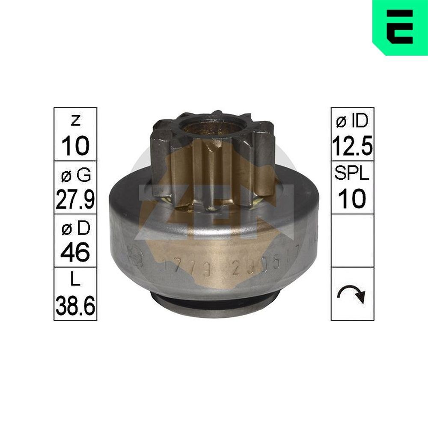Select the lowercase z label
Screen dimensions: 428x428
point(75,122)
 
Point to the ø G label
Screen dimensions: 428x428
point(75,175)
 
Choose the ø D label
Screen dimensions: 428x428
point(75,229)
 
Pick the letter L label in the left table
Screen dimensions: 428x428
point(75,282)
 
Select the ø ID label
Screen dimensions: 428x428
point(352,122)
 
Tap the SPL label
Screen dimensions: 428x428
point(352,175)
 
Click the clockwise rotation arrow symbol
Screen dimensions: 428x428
point(352,294)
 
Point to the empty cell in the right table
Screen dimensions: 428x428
point(352,241)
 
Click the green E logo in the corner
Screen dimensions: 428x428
point(400,27)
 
